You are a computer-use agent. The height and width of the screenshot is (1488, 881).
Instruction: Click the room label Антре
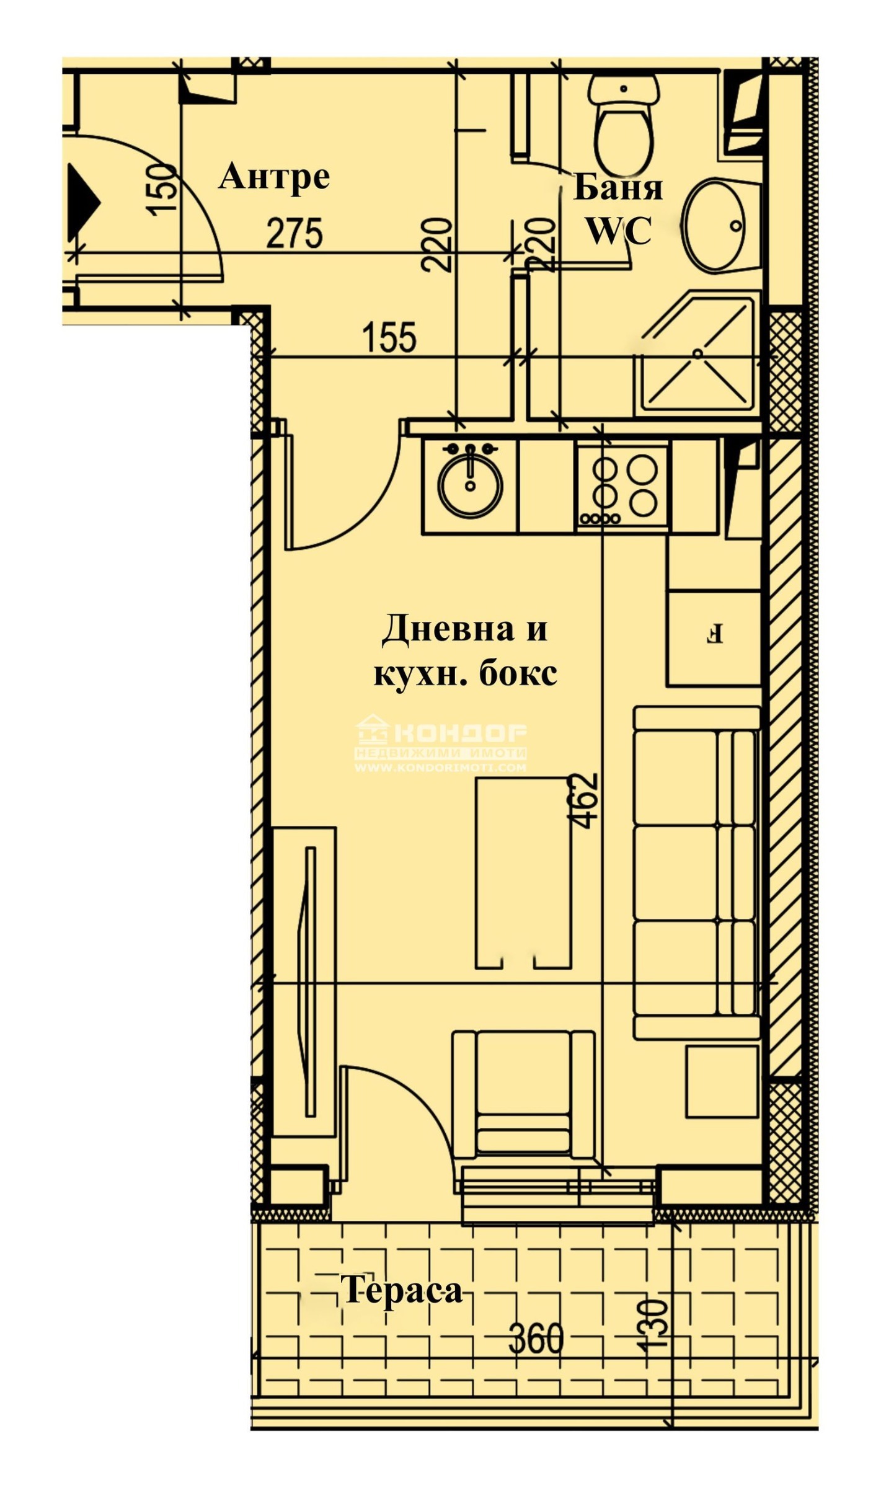274,177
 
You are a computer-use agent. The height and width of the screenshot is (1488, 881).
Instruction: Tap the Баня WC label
618,210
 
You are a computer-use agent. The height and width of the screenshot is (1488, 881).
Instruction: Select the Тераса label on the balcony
402,1291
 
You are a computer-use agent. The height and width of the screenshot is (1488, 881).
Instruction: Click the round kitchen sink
470,484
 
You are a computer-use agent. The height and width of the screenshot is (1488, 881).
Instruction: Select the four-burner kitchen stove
622,485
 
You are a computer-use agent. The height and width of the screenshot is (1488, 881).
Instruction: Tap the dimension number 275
294,233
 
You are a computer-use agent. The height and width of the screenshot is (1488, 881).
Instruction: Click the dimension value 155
389,337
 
